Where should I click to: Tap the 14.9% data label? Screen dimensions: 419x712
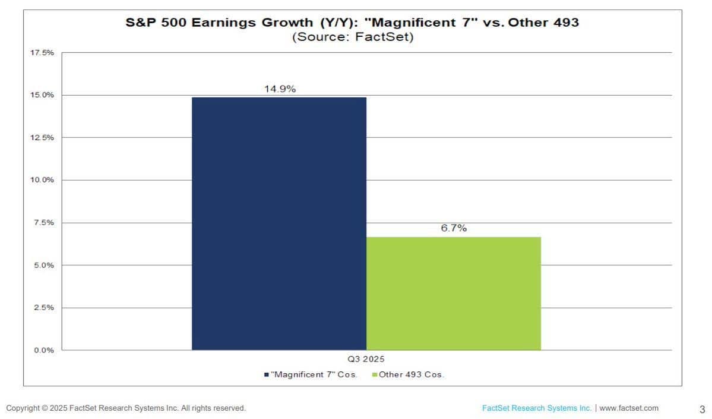(280, 89)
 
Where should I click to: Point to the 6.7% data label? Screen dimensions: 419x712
(454, 228)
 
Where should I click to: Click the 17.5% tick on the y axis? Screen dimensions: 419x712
(42, 53)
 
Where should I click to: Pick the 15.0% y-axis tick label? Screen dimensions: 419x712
(42, 95)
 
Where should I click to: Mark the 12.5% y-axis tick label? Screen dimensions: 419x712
(42, 137)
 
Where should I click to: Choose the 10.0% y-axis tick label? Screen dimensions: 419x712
(42, 180)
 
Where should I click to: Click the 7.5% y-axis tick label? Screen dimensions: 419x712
(44, 223)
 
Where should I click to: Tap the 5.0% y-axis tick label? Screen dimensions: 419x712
(44, 265)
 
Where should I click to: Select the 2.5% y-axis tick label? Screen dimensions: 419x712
(44, 308)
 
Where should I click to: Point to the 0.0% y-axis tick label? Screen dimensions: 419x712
(44, 350)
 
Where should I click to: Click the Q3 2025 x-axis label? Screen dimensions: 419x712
(366, 359)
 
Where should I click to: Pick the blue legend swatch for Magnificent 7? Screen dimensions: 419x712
(267, 375)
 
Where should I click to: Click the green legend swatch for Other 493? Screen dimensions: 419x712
(375, 375)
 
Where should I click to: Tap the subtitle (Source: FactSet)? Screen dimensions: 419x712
(352, 37)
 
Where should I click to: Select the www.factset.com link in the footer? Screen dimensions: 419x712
(629, 408)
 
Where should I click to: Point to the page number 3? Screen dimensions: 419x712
(702, 409)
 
